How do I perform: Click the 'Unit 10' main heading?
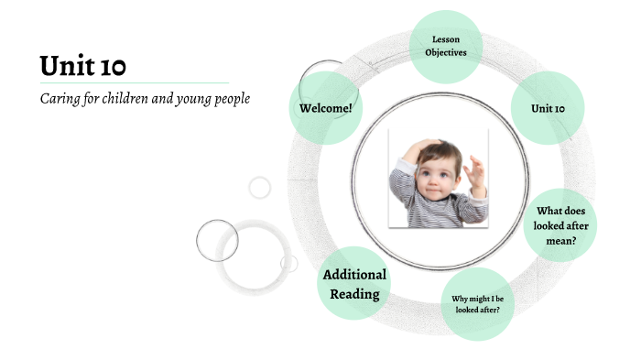click(83, 65)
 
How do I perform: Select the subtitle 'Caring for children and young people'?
click(145, 99)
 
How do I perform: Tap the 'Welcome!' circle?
click(325, 108)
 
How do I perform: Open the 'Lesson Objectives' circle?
click(446, 46)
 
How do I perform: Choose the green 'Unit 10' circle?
click(548, 108)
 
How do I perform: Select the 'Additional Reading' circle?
click(354, 283)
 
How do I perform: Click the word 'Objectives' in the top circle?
click(446, 52)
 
